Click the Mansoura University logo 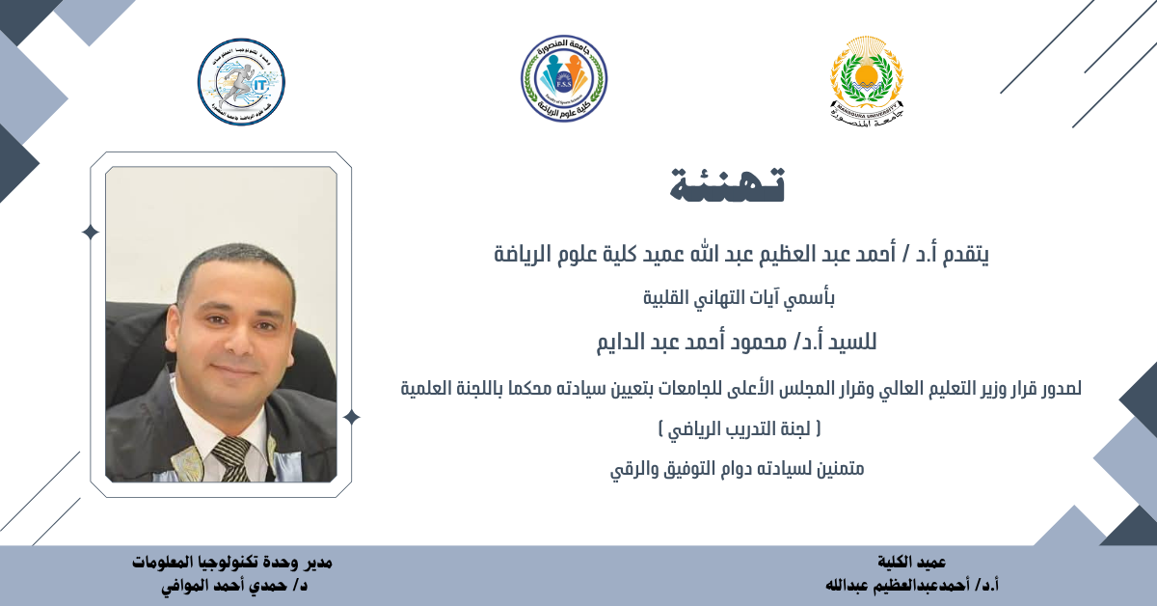coord(867,82)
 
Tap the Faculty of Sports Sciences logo coord(564,78)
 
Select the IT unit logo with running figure coord(241,82)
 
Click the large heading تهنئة coord(727,184)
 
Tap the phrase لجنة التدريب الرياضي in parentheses coord(739,429)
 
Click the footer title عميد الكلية coord(912,562)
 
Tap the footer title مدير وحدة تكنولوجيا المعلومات coord(232,562)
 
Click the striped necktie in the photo coord(232,458)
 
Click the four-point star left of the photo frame coord(91,233)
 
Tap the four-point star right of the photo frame coord(351,417)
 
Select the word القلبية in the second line coord(666,298)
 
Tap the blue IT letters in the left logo coord(258,84)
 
